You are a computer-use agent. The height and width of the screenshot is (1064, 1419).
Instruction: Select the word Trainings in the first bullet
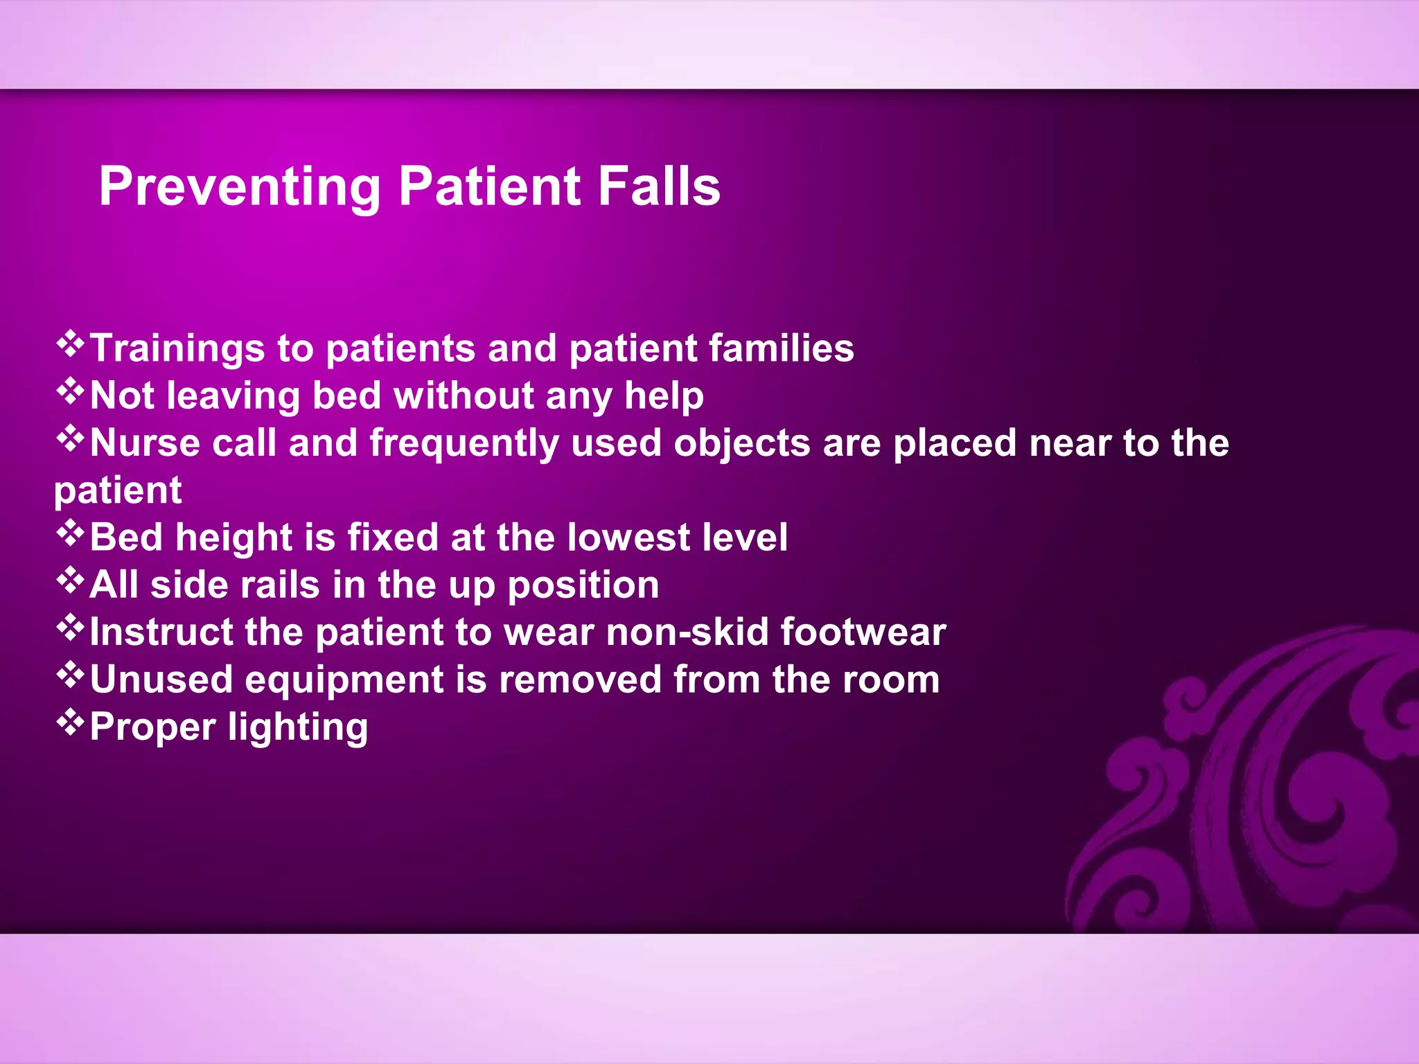(x=177, y=348)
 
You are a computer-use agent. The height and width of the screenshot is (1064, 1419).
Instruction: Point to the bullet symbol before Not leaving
(x=70, y=391)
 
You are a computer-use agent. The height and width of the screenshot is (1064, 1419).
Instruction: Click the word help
(x=663, y=397)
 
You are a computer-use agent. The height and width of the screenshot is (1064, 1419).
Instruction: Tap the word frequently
(x=464, y=444)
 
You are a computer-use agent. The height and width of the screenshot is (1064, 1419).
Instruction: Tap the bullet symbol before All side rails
(x=70, y=580)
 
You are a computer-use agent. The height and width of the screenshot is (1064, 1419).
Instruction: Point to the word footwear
(x=863, y=632)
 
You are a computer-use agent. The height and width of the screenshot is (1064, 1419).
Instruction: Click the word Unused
(x=161, y=680)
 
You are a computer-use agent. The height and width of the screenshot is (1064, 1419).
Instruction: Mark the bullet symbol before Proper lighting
(x=70, y=722)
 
